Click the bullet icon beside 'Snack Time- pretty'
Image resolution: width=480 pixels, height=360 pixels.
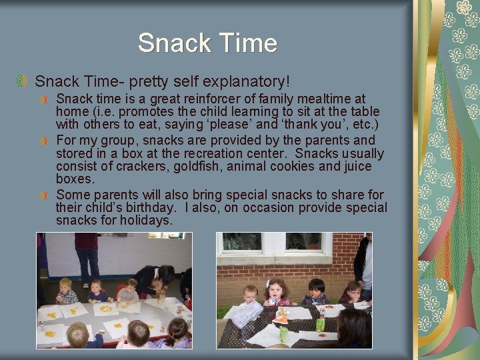coord(22,82)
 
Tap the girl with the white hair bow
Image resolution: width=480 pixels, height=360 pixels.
coord(276,291)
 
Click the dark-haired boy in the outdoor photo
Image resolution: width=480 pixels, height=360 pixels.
coord(316,291)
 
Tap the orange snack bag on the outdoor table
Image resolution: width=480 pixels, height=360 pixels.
coord(281,316)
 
